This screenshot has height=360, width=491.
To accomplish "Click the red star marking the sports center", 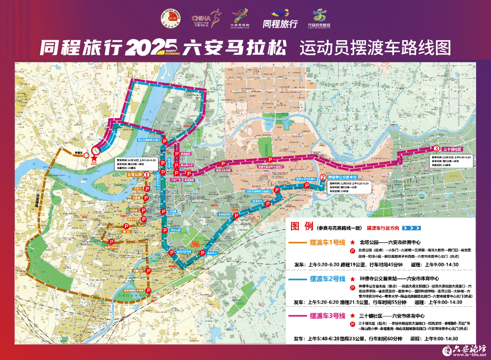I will click(94, 158).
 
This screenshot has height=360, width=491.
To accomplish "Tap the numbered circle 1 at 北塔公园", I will click(146, 174).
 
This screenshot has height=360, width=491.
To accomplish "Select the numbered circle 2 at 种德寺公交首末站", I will click(323, 177).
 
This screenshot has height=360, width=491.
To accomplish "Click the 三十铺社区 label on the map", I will click(451, 149).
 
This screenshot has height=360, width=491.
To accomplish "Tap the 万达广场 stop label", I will click(175, 179).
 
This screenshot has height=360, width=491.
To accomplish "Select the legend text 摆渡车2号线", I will click(328, 279).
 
